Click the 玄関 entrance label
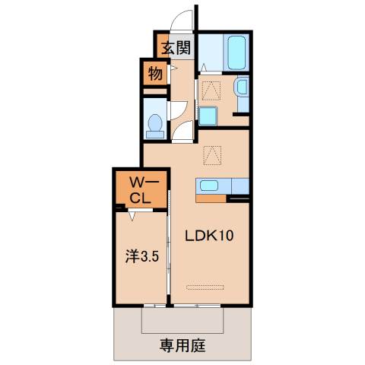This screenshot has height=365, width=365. point(176,49)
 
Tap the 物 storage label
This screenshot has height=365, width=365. point(154,75)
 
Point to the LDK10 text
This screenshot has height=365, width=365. point(209,235)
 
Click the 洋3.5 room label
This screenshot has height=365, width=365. point(141,257)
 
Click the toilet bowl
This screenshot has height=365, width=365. point(155,122)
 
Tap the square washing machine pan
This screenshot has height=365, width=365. point(207,117)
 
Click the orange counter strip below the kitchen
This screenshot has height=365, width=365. point(212,199)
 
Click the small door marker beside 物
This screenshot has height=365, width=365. point(173,71)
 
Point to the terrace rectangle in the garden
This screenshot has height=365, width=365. point(182,320)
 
